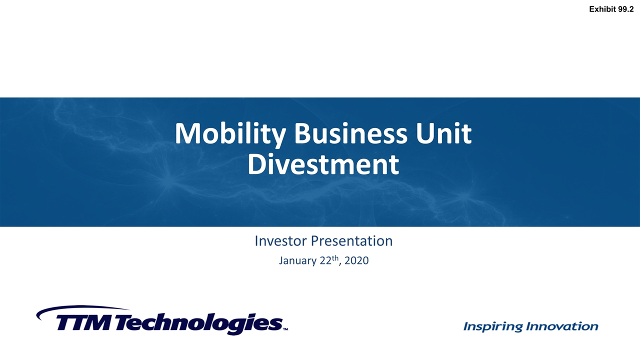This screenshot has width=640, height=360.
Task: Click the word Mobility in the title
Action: [x=230, y=134]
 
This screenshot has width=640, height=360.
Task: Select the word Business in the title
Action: [x=351, y=133]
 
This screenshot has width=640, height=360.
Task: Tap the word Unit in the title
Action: [x=443, y=133]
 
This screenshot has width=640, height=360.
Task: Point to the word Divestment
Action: [x=323, y=164]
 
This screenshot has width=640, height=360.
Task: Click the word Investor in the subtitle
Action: [x=280, y=241]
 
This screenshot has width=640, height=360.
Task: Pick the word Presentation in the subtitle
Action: [x=351, y=241]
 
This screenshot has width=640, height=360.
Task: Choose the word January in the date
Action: [x=297, y=261]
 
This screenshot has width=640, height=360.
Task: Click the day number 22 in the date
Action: [x=325, y=260]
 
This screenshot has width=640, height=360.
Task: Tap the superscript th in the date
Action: [x=335, y=258]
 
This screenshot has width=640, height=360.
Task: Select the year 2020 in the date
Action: [x=356, y=260]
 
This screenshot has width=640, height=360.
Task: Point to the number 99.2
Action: [x=625, y=9]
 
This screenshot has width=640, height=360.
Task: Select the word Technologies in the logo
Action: [x=199, y=324]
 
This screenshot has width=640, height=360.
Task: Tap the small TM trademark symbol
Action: [x=285, y=329]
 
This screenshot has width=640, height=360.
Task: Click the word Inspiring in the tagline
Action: [x=493, y=326]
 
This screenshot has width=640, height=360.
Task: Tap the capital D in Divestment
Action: [x=256, y=164]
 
